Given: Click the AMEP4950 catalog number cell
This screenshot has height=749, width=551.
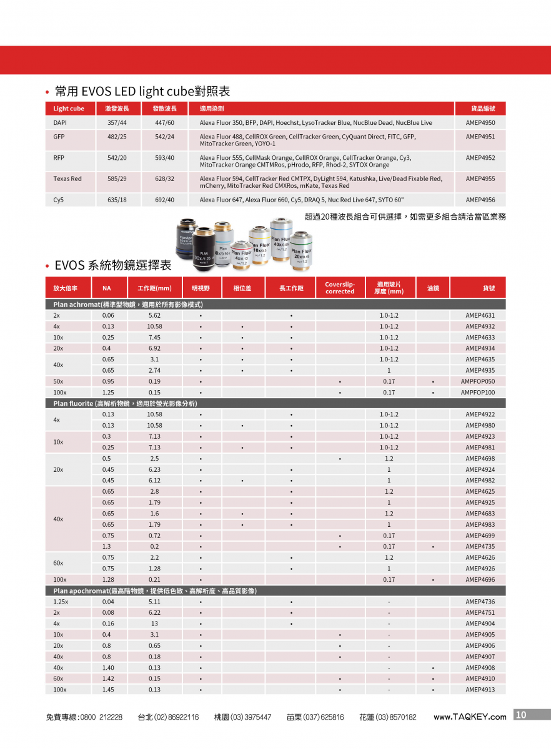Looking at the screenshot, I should click(480, 123).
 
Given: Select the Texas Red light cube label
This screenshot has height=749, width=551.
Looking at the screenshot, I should click(67, 179).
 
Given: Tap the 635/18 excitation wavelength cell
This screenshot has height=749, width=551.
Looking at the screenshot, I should click(117, 200).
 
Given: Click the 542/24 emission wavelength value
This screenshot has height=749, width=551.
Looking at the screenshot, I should click(164, 137).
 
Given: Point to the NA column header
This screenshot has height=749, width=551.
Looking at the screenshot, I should click(106, 288).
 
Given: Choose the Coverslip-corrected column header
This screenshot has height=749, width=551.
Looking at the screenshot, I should click(340, 288).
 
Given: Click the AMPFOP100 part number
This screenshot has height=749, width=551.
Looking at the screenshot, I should click(478, 393).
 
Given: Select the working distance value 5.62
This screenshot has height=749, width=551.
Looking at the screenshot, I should click(154, 316).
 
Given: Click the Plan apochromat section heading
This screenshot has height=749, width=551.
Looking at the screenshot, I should click(155, 590).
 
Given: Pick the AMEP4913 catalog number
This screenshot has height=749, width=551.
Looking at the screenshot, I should click(480, 690).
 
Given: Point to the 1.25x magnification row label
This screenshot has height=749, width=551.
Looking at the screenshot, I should click(61, 602).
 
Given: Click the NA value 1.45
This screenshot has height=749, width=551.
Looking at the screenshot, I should click(107, 690).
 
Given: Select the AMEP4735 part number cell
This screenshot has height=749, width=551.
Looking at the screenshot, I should click(480, 547).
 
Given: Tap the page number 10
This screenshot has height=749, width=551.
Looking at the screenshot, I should click(522, 715).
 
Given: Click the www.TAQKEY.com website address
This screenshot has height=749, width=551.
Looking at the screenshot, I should click(470, 717).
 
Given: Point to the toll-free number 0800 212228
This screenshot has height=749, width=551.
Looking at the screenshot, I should click(101, 718).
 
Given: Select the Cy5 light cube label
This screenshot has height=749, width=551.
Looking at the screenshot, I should click(59, 200).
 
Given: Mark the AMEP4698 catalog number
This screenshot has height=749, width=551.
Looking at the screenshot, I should click(480, 459).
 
